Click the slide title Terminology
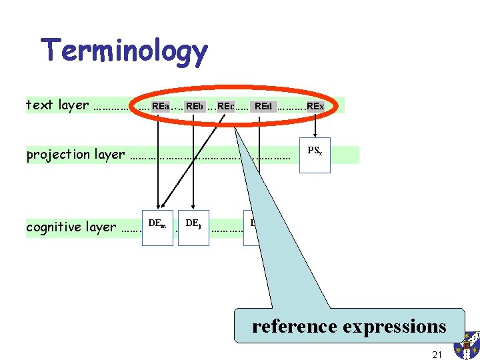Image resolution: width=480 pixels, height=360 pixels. click(124, 51)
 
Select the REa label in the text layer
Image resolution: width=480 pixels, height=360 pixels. click(160, 106)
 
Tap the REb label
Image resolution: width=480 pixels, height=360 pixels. click(195, 106)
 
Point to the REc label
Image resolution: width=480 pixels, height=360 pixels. click(226, 106)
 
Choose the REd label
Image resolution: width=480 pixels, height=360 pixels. click(263, 106)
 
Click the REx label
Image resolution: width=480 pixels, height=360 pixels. click(315, 106)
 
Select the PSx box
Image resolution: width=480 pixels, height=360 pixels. click(315, 155)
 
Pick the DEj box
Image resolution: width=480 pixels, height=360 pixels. click(193, 227)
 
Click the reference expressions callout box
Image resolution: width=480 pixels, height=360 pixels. click(349, 326)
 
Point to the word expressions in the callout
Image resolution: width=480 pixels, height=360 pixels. click(394, 327)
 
